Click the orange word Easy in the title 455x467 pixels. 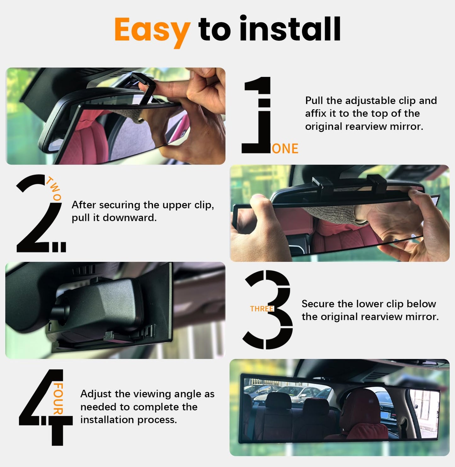pos(152,30)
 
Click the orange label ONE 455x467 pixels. pos(285,149)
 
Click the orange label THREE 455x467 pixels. pos(261,309)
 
